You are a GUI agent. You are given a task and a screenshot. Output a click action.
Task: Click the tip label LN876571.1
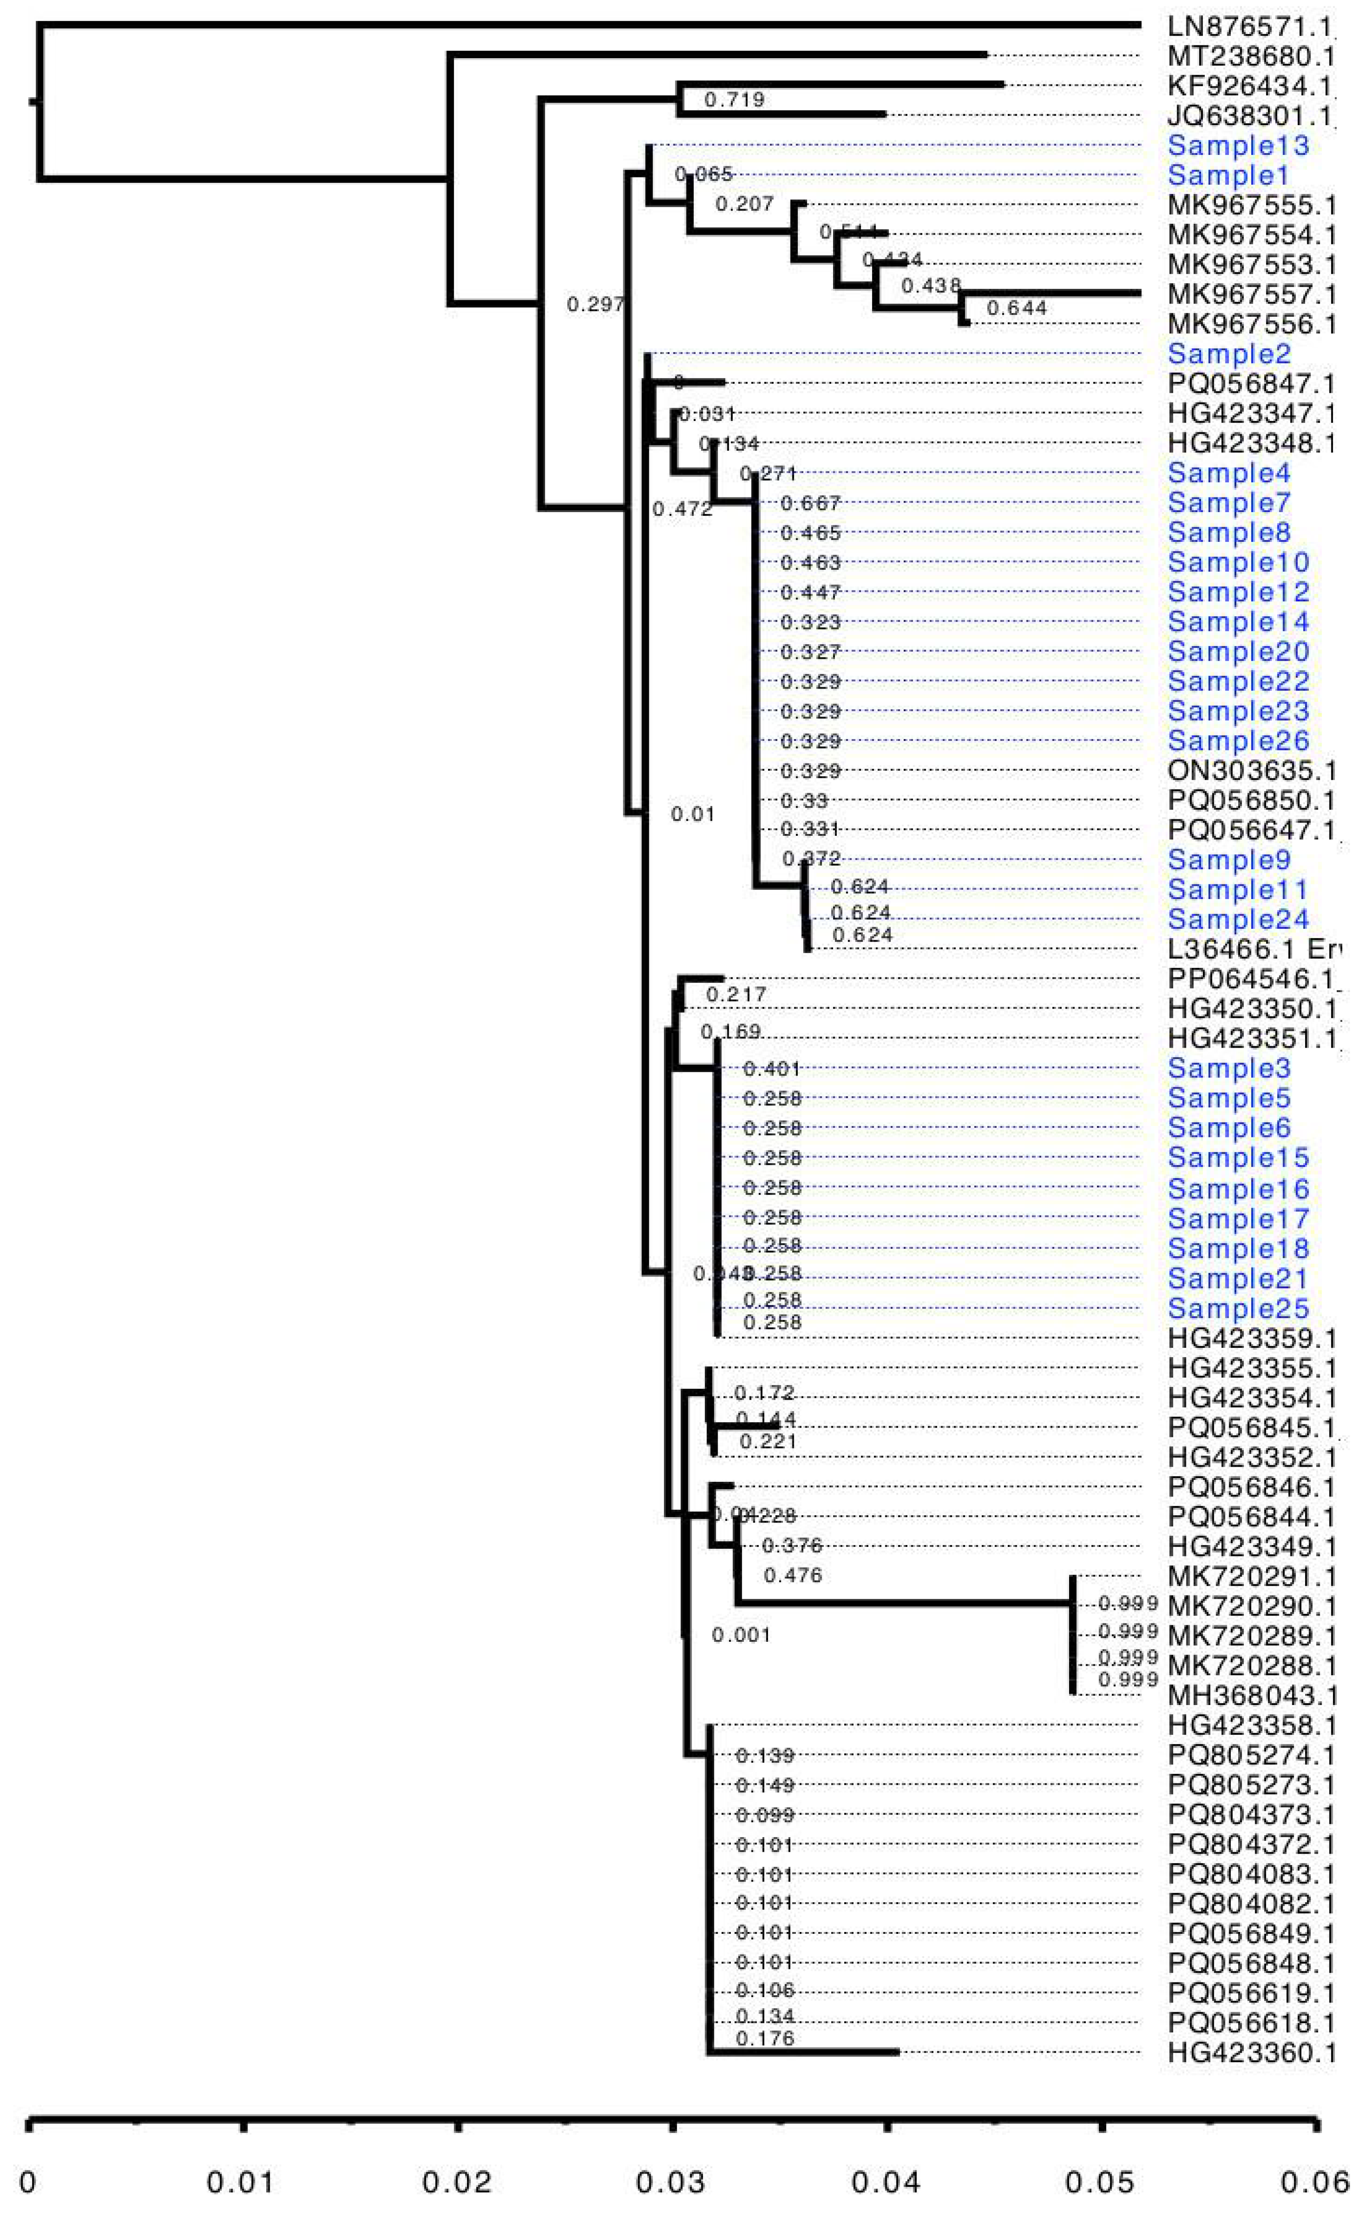1251,26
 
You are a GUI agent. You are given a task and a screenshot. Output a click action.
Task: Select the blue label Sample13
1238,145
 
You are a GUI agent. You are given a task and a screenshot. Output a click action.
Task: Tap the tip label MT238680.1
1251,56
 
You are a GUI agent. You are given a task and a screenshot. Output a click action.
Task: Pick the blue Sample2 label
1229,354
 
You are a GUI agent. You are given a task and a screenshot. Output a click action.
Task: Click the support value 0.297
595,304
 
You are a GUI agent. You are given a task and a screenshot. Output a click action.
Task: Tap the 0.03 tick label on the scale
670,2182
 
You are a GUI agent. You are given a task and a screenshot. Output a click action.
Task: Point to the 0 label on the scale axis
28,2182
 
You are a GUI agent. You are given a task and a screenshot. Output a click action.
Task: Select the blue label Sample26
1238,740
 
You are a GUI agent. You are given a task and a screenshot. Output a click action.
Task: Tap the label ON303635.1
1251,771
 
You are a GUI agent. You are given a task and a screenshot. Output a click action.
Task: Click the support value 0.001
741,1635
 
